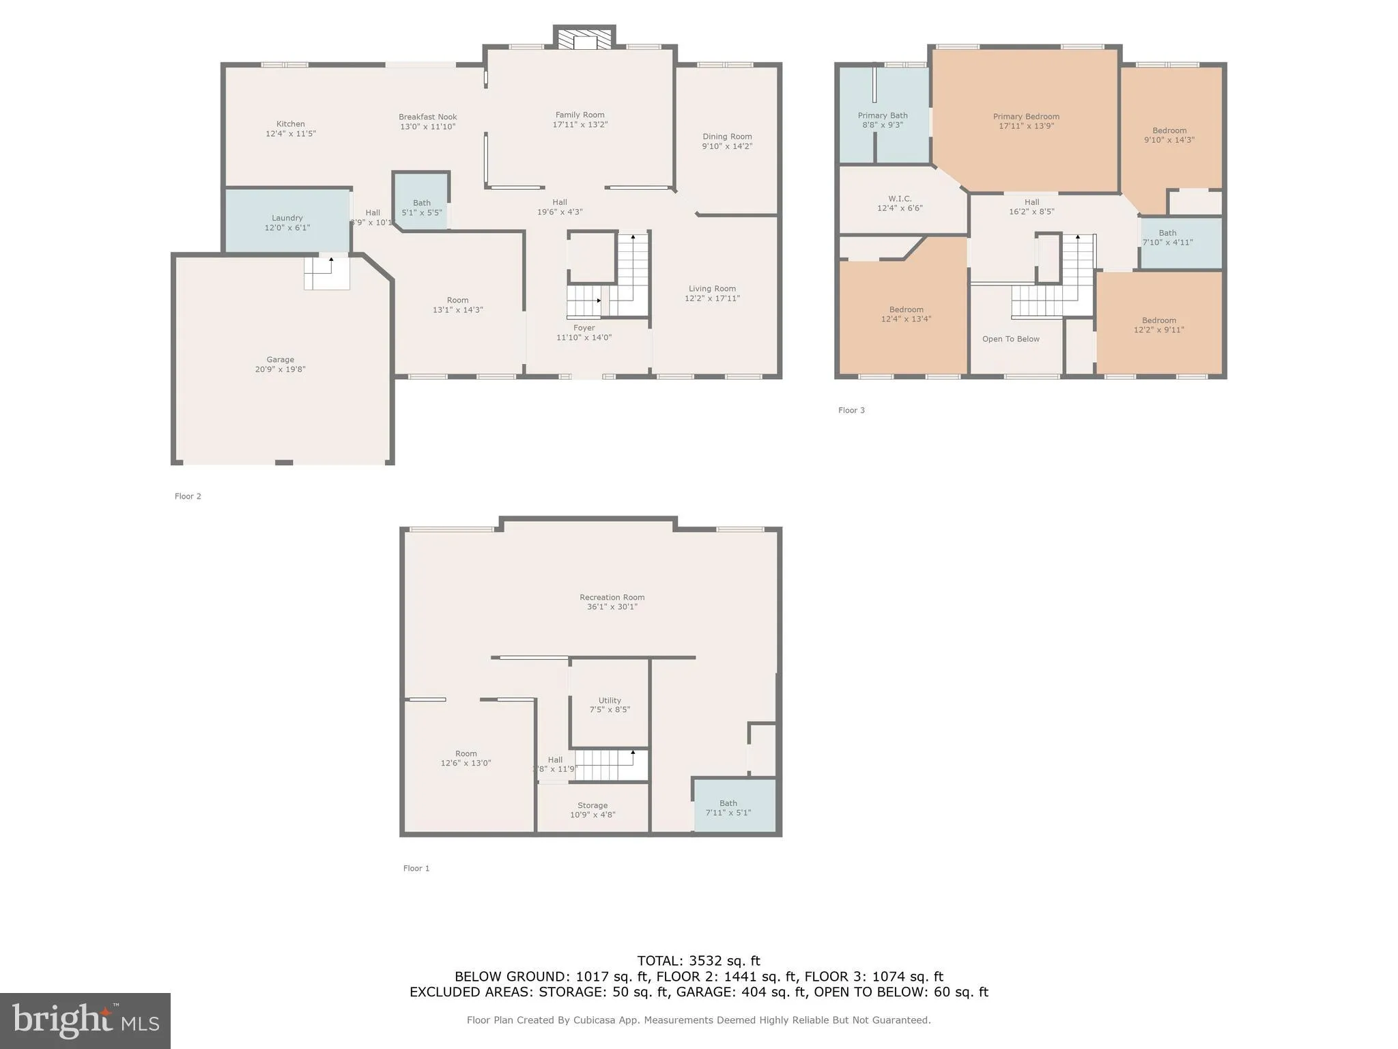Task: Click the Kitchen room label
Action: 290,124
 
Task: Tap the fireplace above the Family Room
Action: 584,40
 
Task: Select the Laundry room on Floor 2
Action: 287,222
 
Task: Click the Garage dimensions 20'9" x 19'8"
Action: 280,369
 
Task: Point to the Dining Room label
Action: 727,137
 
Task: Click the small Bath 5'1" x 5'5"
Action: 422,208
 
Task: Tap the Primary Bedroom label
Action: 1026,117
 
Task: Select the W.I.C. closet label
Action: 900,199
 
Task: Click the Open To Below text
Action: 1010,339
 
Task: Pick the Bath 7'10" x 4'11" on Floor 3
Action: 1167,238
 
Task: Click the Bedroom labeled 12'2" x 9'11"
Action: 1158,325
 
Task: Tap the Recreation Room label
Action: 612,598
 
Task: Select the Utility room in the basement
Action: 610,705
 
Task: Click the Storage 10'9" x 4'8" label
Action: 593,810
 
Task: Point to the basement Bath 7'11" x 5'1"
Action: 728,808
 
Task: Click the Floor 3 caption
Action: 851,410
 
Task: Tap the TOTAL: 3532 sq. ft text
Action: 698,961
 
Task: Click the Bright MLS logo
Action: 85,1021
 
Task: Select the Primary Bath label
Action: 883,116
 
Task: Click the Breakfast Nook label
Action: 428,117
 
